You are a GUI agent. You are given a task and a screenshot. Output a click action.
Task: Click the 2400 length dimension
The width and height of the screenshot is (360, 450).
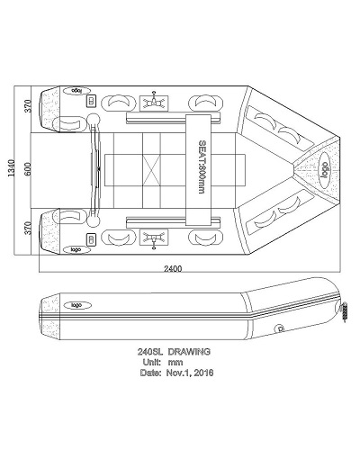[173, 268]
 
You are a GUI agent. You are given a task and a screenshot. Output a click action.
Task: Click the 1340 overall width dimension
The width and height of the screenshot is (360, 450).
[11, 168]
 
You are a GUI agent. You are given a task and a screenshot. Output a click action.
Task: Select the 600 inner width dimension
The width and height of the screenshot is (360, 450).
[27, 169]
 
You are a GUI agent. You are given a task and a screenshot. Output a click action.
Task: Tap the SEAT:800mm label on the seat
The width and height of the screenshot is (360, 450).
[202, 166]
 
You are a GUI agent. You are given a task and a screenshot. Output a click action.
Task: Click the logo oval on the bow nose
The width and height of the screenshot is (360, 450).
[324, 170]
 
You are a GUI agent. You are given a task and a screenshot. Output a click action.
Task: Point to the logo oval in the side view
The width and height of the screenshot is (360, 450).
[76, 305]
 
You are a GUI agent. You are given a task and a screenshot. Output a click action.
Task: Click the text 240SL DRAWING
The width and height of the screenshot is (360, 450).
[174, 352]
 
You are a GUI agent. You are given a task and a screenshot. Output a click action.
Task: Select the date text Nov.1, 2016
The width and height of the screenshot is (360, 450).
[190, 373]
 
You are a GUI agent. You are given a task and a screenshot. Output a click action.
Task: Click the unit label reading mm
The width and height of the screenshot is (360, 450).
[175, 363]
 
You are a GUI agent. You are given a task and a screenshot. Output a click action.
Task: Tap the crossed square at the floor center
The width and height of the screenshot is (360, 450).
[151, 170]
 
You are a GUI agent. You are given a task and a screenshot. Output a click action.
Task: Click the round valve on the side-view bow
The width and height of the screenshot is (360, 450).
[280, 328]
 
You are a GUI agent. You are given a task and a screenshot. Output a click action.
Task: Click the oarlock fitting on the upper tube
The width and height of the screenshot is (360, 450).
[154, 103]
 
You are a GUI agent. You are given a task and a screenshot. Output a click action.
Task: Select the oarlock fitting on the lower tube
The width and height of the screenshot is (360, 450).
[154, 238]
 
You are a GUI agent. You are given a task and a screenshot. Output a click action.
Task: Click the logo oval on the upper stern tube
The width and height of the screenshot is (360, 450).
[76, 91]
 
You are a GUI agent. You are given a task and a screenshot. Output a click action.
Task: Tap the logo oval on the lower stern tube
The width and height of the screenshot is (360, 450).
[76, 249]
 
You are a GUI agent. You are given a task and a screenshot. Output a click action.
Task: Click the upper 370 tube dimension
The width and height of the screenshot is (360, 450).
[28, 106]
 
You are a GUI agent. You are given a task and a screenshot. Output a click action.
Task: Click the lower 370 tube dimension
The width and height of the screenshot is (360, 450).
[28, 228]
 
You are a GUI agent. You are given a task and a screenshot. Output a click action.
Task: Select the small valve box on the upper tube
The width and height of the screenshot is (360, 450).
[91, 101]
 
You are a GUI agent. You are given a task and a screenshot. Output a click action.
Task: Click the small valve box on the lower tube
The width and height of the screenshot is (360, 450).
[91, 239]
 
